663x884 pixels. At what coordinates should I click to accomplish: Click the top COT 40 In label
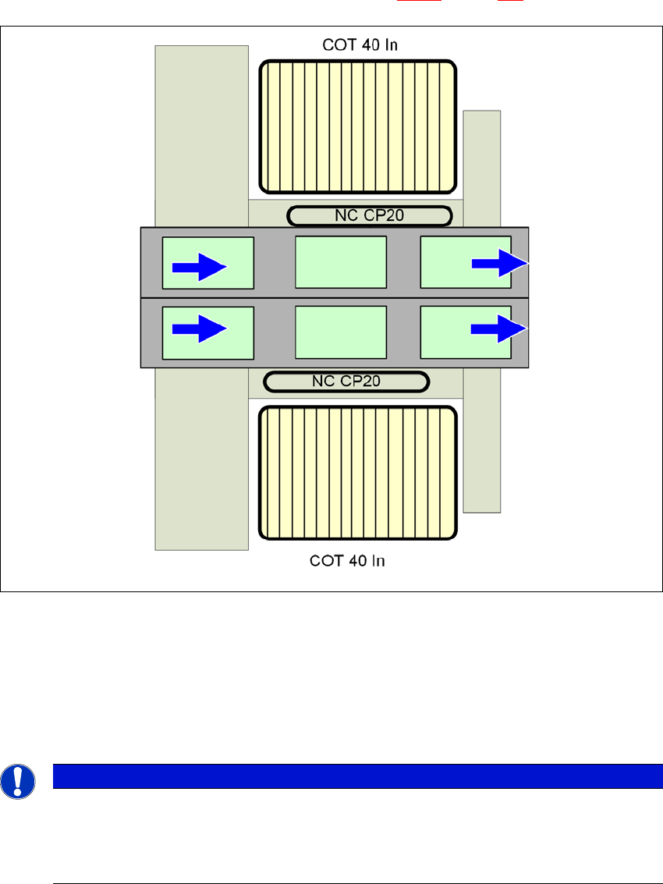(x=360, y=44)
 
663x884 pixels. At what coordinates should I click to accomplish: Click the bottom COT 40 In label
(x=347, y=560)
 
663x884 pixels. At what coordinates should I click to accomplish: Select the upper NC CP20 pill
(x=369, y=215)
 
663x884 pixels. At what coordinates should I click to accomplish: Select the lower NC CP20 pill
(x=346, y=382)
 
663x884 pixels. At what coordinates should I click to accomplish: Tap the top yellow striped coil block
(x=358, y=126)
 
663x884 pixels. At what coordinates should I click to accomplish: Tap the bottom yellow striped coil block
(x=358, y=473)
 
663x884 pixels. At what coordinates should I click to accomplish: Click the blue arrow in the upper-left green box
(x=199, y=267)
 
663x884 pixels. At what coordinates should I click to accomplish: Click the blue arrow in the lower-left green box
(x=199, y=329)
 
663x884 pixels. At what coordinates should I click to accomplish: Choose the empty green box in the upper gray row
(x=341, y=262)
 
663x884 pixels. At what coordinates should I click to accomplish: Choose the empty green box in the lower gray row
(x=341, y=332)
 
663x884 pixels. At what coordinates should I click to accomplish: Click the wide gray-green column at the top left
(x=201, y=133)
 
